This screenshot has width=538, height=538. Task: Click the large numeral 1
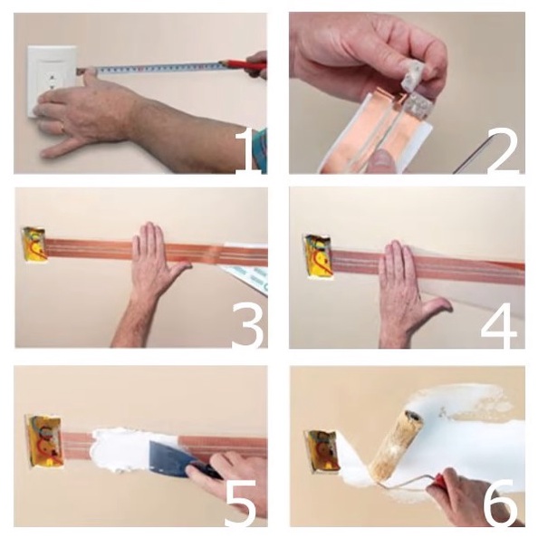[248, 151]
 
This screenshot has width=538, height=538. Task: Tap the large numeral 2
[503, 152]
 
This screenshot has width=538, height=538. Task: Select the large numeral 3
[248, 326]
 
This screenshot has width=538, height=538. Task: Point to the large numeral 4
[499, 326]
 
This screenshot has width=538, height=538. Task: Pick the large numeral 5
[241, 503]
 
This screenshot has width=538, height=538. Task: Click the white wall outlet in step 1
[52, 82]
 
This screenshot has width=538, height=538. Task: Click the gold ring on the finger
[62, 129]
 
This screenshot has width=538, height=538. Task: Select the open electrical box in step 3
[34, 245]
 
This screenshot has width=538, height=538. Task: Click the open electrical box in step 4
[318, 256]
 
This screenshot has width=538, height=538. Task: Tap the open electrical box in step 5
[43, 440]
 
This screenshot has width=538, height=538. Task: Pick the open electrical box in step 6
[322, 451]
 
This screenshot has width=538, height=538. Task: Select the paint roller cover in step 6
[397, 443]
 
